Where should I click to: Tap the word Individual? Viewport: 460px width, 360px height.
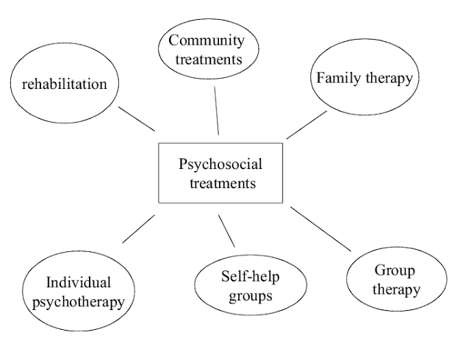pos(79,282)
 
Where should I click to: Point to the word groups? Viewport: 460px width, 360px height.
pos(251,297)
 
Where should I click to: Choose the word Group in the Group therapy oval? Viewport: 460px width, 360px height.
pos(387,270)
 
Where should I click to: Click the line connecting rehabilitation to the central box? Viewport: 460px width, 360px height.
pos(137,118)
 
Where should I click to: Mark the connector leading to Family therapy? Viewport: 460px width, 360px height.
pos(306,125)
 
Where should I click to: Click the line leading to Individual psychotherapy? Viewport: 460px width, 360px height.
pos(138,228)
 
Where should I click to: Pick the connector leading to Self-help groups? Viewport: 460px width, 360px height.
pos(226,230)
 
